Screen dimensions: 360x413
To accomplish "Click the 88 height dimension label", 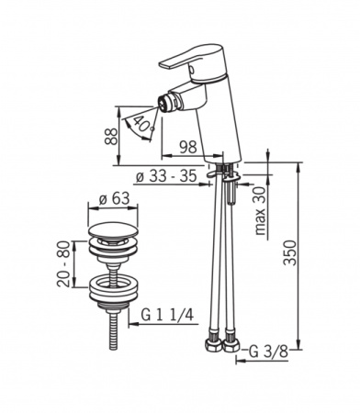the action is click(x=111, y=136).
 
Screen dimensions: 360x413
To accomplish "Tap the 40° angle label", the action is click(x=143, y=124).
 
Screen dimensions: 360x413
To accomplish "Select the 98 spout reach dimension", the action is click(x=188, y=147).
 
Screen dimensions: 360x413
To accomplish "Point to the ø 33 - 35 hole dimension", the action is click(x=166, y=176).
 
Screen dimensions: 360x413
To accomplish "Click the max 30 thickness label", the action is click(x=261, y=211).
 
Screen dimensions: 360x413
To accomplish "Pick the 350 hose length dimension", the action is click(x=290, y=252).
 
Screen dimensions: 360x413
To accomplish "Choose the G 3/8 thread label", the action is click(x=268, y=352).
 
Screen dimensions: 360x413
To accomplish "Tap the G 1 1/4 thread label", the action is click(x=167, y=315).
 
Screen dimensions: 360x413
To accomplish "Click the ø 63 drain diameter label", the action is click(x=115, y=199).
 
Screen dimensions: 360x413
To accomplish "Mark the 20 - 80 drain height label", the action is click(x=63, y=263).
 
